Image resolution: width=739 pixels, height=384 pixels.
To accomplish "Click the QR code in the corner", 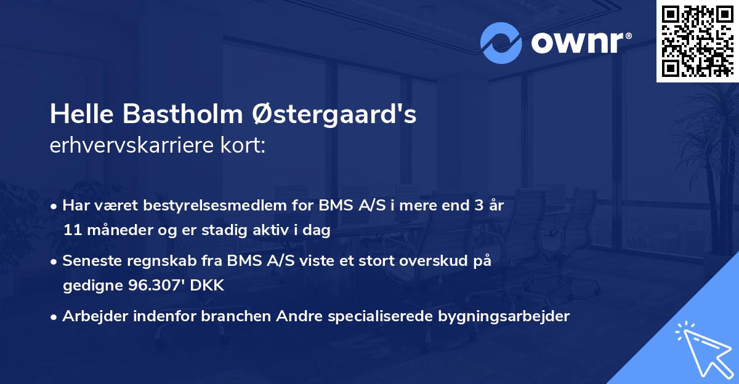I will coord(697,41).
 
